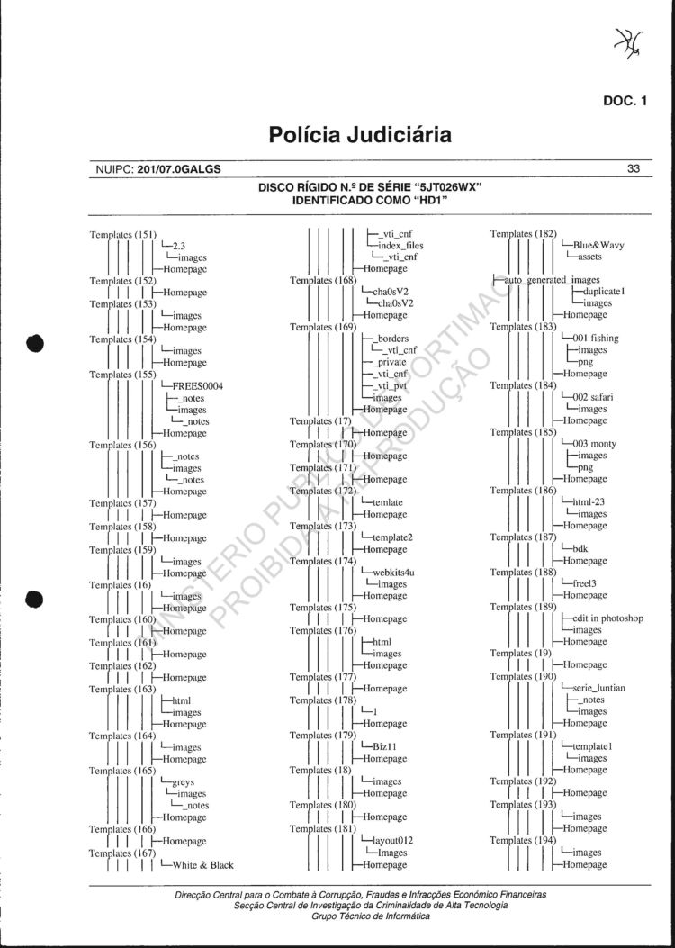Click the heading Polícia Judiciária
(x=359, y=135)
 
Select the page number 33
(x=634, y=168)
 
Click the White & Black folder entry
(x=202, y=865)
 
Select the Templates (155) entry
(x=123, y=375)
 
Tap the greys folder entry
(x=183, y=782)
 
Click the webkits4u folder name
(x=392, y=573)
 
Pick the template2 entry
(x=391, y=537)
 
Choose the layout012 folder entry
(x=392, y=841)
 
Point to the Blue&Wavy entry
(x=598, y=245)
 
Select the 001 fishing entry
(x=595, y=339)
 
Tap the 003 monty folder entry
(x=594, y=444)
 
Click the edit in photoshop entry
(x=607, y=618)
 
